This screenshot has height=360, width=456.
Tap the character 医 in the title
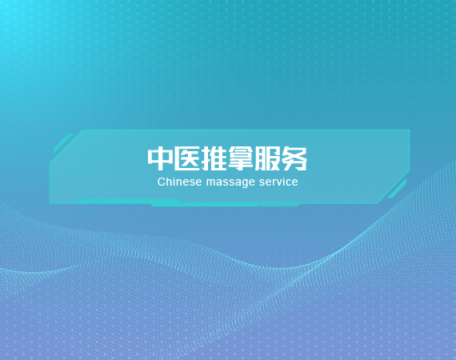click(187, 158)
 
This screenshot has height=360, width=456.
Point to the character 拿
click(241, 158)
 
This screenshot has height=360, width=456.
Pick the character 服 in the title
click(267, 158)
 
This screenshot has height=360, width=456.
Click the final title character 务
click(294, 158)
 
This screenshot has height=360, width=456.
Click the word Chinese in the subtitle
click(179, 182)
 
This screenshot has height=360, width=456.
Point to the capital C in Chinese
click(161, 182)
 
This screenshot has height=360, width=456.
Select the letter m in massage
click(211, 183)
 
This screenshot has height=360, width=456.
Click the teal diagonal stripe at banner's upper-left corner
click(63, 143)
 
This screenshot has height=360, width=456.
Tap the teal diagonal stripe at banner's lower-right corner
click(397, 189)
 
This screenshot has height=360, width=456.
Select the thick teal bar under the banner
click(203, 203)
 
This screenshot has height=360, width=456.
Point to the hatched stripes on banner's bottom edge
click(279, 205)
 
